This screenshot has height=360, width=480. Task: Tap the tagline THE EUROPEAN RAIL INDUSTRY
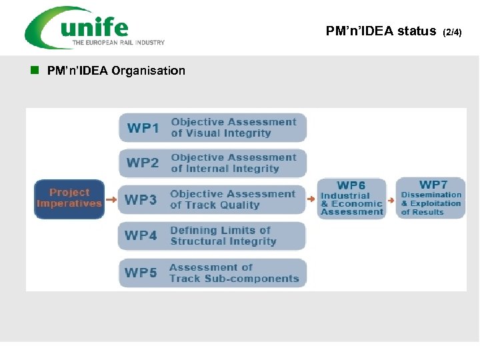(x=119, y=43)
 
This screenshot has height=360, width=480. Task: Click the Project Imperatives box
(x=69, y=198)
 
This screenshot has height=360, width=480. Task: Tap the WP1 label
(x=143, y=128)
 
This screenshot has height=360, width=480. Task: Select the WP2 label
(x=143, y=163)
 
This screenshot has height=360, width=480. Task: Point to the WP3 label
(x=141, y=199)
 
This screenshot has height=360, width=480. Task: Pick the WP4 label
(x=141, y=235)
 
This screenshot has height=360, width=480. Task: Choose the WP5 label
(x=141, y=272)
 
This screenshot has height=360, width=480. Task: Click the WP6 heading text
(x=351, y=185)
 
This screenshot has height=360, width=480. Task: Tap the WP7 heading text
(x=433, y=184)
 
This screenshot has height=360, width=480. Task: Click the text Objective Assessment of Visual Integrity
(x=233, y=127)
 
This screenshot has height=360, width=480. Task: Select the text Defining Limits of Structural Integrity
(x=223, y=235)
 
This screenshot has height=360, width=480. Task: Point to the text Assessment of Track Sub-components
(x=234, y=273)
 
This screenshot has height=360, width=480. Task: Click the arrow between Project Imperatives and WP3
(x=111, y=199)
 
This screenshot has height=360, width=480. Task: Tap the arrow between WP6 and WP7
(x=391, y=199)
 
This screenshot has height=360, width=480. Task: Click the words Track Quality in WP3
(x=222, y=205)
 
